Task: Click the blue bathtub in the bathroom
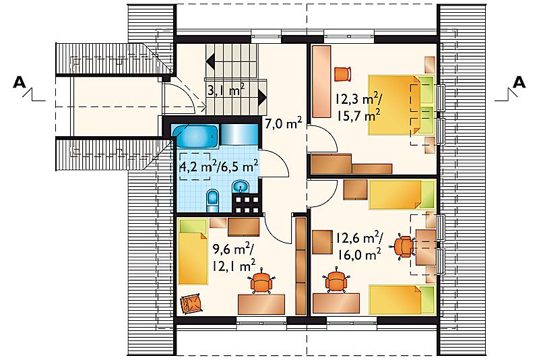click(195, 136)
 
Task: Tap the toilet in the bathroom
click(212, 201)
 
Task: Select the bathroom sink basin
click(241, 187)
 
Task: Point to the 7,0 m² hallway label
click(284, 123)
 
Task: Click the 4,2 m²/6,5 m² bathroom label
click(220, 167)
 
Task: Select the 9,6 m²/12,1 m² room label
click(234, 258)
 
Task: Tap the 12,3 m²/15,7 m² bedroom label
click(358, 108)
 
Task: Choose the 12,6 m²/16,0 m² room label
click(359, 246)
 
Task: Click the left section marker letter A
click(20, 82)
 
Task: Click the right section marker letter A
click(519, 82)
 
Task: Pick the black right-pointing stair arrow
click(262, 97)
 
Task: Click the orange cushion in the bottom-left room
click(191, 304)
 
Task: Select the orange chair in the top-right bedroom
click(343, 74)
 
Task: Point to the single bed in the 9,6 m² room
click(193, 251)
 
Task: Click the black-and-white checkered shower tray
click(245, 204)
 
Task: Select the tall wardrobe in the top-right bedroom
click(321, 82)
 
